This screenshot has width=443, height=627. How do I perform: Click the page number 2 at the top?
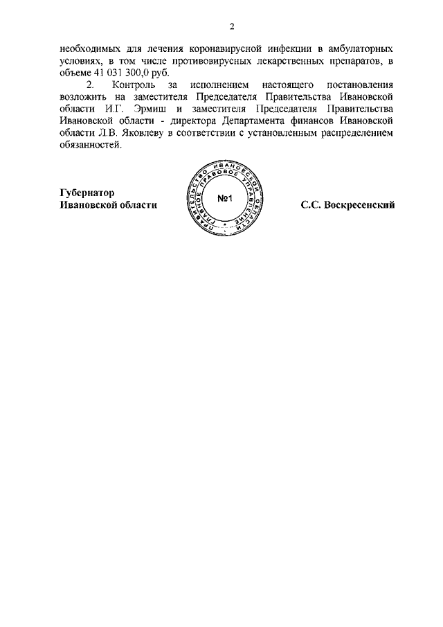tap(233, 26)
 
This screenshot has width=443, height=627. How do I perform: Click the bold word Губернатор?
tap(87, 193)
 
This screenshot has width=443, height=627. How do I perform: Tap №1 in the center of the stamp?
tap(228, 200)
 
